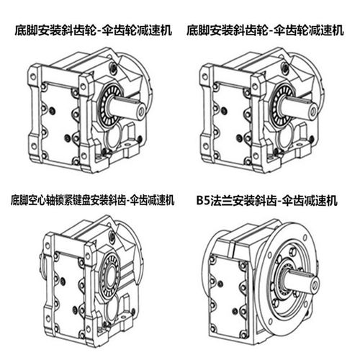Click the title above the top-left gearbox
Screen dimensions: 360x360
pos(90,31)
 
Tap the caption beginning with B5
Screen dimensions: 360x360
pos(266,199)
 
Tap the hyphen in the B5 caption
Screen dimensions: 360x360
pos(278,199)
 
